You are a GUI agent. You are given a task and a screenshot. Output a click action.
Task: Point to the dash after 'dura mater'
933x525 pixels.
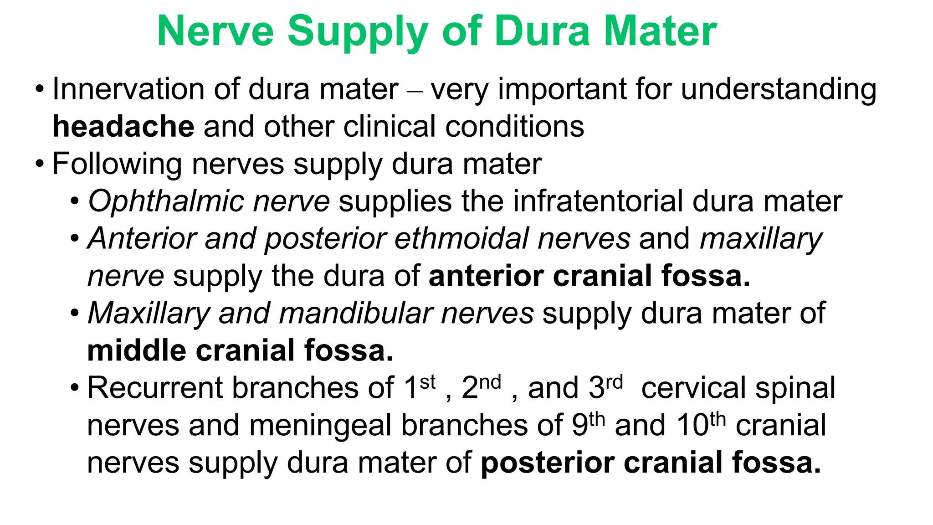point(415,91)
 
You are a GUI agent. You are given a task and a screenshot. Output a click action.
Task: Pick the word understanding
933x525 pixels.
point(779,90)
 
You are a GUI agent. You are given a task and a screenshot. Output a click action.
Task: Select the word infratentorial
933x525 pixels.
point(598,201)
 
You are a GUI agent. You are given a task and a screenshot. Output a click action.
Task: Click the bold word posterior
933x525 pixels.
point(548,463)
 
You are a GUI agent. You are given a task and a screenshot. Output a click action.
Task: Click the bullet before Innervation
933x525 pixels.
point(40,89)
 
